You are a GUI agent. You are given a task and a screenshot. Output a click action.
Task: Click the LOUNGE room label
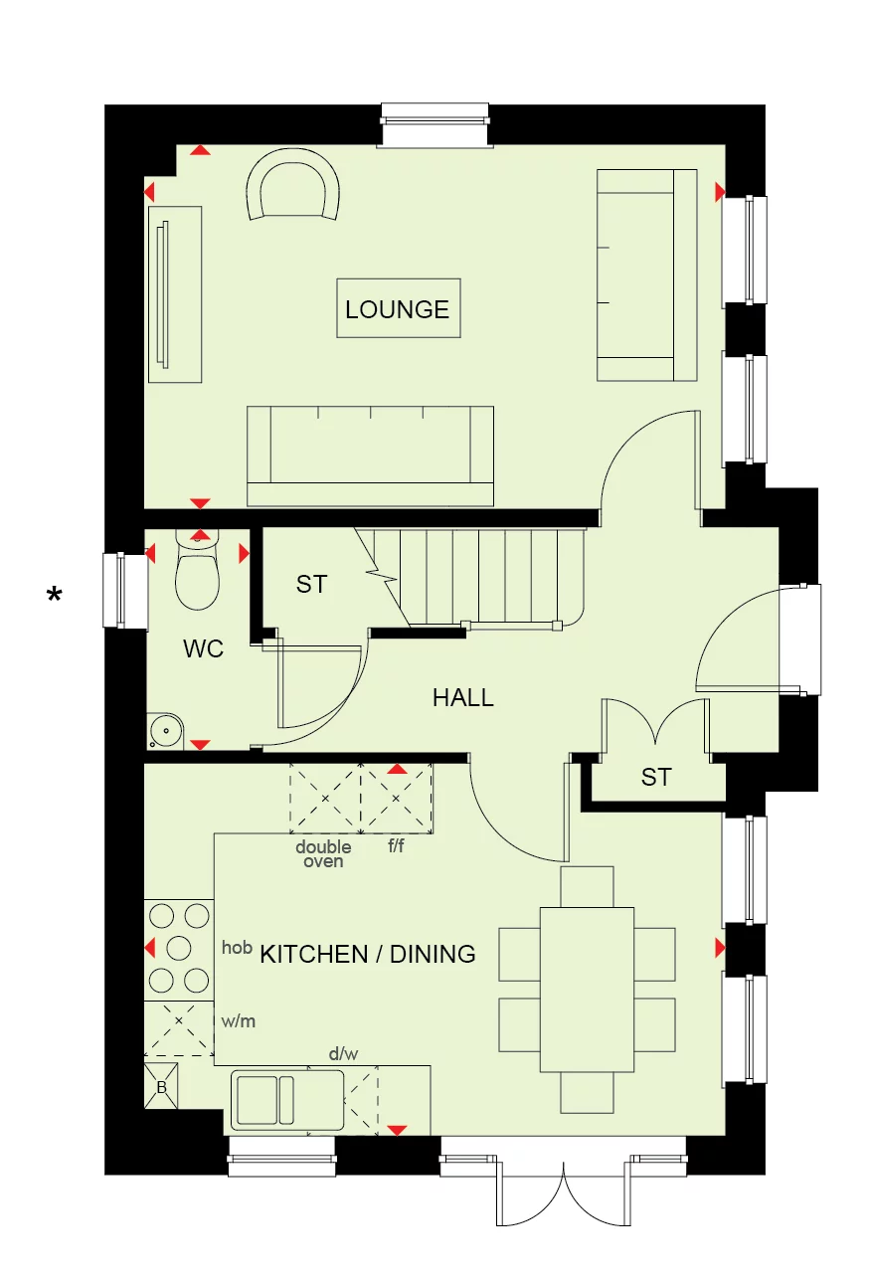[398, 309]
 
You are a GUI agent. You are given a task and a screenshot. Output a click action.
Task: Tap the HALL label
[462, 698]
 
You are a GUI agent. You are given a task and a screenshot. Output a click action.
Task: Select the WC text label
[203, 649]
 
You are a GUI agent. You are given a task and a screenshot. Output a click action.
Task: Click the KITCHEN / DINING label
[368, 954]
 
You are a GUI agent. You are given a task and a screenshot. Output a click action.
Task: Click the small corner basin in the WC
[163, 731]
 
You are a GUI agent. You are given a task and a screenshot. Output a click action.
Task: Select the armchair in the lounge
[293, 189]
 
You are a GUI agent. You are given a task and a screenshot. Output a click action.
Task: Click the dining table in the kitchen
[587, 989]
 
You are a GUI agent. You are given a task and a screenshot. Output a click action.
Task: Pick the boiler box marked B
[161, 1087]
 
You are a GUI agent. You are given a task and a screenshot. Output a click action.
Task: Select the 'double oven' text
[323, 854]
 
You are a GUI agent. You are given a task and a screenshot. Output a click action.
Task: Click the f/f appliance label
[396, 847]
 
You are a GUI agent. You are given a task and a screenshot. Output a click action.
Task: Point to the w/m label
[239, 1021]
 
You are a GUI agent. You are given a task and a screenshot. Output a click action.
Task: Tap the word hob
[237, 948]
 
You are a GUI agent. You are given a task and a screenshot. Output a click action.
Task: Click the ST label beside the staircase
[311, 585]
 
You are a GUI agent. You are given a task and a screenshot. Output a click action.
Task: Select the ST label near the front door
[655, 777]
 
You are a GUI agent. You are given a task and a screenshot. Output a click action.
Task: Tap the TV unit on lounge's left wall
[175, 293]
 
